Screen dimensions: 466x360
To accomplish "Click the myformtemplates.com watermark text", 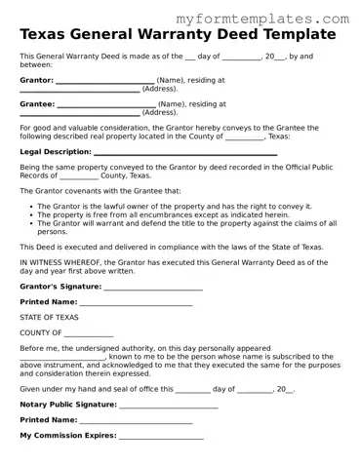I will pos(262,19).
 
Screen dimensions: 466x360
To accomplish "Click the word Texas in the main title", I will pos(48,35).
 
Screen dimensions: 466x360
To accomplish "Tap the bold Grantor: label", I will pos(36,80).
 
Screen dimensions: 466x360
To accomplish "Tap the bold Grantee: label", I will pos(37,103).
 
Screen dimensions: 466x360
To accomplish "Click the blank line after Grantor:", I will pos(105,81).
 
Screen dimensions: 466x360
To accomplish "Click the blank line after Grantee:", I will pos(106,104).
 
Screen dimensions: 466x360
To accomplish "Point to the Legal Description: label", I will pos(55,152).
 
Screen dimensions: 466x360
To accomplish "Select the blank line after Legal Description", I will pos(184,153).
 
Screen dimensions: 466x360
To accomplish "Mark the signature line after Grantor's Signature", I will pos(152,289).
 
